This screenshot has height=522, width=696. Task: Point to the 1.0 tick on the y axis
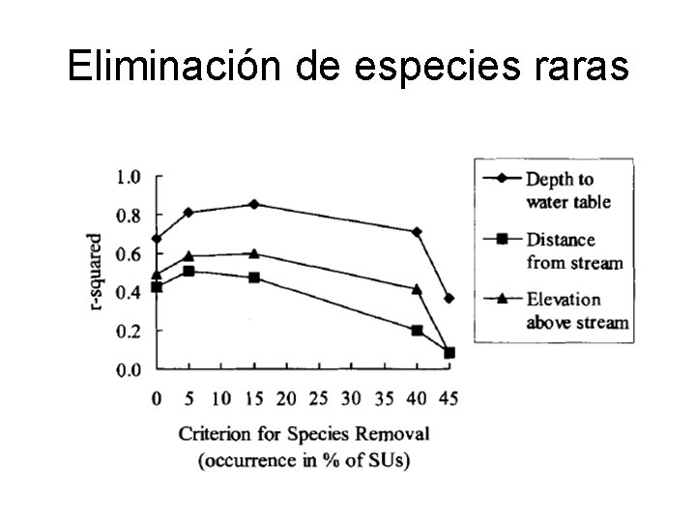click(128, 177)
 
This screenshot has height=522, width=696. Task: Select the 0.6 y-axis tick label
click(128, 254)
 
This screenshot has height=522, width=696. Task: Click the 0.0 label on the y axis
click(128, 369)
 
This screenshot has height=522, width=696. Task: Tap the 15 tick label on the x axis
click(254, 397)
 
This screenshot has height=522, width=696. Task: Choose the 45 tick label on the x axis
click(449, 397)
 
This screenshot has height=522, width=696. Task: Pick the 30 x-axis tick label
click(351, 397)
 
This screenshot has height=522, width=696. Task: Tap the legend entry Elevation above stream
click(576, 310)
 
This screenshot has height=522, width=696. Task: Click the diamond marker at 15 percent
click(254, 204)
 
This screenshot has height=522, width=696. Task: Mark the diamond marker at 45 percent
click(449, 299)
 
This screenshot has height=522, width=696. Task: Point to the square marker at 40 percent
click(417, 331)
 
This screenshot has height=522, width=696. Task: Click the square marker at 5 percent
click(188, 271)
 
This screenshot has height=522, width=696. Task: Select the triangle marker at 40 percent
click(417, 289)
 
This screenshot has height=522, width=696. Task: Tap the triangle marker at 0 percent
click(157, 275)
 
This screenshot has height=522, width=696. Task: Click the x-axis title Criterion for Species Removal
click(304, 432)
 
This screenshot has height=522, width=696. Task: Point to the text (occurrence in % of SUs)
click(304, 459)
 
